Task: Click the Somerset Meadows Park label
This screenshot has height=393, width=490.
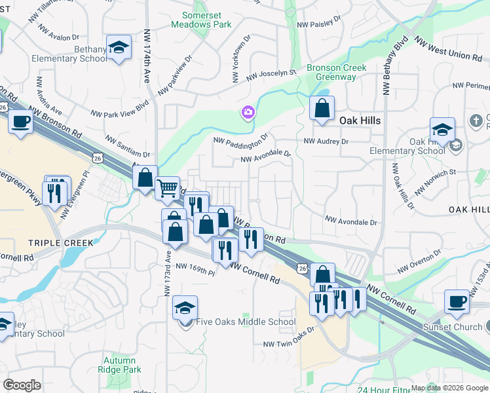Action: coord(201,19)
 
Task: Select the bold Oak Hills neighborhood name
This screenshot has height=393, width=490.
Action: coord(360,121)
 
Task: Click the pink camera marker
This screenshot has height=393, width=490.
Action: coord(248,113)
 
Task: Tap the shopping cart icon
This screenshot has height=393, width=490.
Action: coord(168,188)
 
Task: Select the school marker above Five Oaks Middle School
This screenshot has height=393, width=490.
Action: coord(185,307)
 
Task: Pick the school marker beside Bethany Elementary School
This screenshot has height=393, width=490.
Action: coord(119,48)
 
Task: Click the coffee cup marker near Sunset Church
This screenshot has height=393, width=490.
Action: coord(457,301)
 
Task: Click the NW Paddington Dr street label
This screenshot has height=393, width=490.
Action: coord(241,140)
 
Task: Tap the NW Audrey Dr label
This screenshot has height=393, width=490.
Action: coord(326,141)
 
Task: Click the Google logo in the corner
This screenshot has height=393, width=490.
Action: coord(22,385)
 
